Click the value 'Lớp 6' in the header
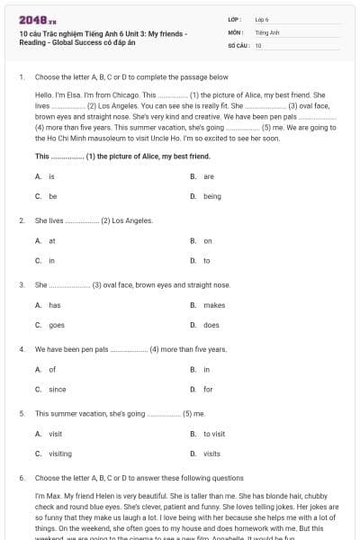click(262, 19)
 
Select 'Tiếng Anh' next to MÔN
click(264, 31)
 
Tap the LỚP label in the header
click(235, 19)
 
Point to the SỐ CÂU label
click(238, 44)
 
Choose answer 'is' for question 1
click(51, 176)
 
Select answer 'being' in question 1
click(211, 196)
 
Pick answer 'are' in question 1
click(208, 176)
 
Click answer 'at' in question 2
click(51, 241)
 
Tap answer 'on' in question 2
click(208, 241)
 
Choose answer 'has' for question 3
click(54, 305)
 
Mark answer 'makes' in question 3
click(213, 305)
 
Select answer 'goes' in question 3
click(56, 325)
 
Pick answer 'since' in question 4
click(57, 390)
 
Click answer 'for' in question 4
click(208, 390)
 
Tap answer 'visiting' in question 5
click(60, 454)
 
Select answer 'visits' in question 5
click(211, 454)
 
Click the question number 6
click(21, 478)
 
